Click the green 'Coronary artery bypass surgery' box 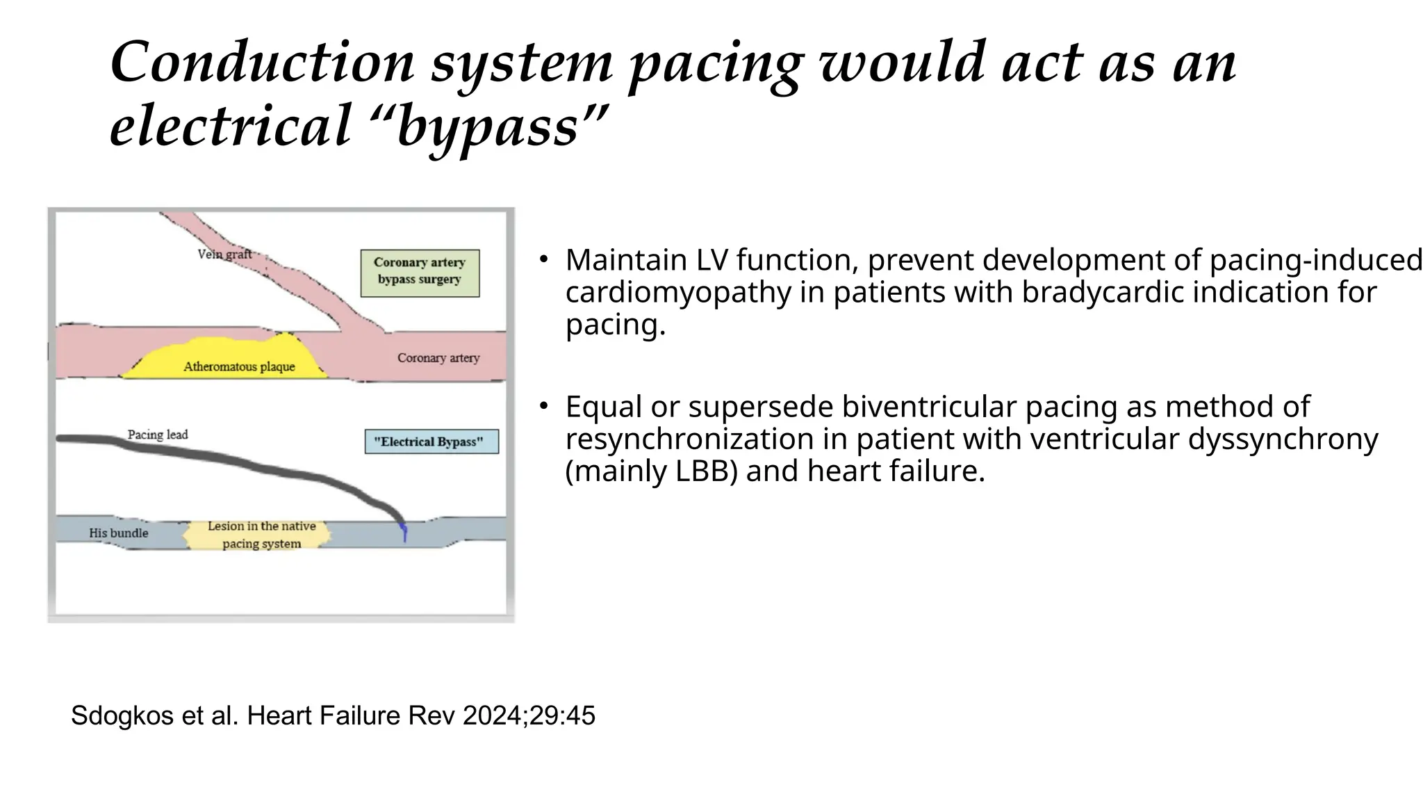coord(420,273)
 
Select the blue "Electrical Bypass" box coord(431,442)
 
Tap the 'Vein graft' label coord(224,254)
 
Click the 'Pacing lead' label coord(158,435)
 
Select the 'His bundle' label coord(118,533)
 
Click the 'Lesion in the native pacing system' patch coord(258,535)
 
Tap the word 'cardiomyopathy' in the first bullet coord(677,292)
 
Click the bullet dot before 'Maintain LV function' coord(544,260)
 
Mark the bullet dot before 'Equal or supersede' coord(544,406)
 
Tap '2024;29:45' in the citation coord(529,715)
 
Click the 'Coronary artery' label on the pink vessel coord(438,358)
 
